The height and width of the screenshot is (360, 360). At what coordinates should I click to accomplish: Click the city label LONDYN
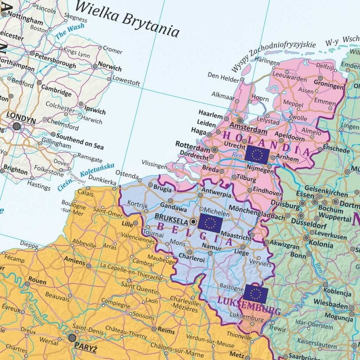point(21,118)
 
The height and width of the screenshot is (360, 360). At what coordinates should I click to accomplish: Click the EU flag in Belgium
point(210,223)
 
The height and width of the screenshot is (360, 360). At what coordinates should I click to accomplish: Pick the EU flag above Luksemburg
point(255,293)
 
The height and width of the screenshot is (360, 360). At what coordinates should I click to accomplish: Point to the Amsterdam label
point(245,126)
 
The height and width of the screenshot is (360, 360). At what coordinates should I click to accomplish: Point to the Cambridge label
point(56,88)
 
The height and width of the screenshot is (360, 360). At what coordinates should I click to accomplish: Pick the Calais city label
point(85,193)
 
